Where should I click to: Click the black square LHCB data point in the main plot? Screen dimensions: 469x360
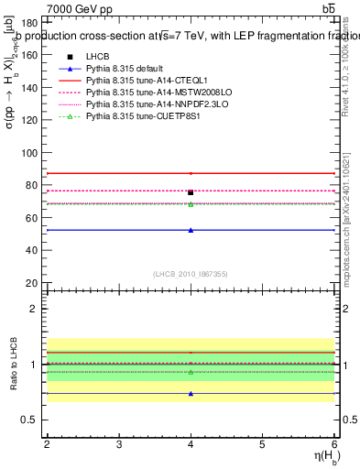pos(191,192)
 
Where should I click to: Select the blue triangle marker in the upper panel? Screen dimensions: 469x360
pos(191,230)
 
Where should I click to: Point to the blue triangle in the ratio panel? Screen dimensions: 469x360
pos(191,394)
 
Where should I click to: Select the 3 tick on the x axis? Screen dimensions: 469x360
pos(119,444)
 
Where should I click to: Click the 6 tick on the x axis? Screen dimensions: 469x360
pos(335,444)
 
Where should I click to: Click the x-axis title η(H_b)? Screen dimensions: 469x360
pos(322,458)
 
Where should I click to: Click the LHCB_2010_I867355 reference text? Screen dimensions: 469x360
pos(191,274)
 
